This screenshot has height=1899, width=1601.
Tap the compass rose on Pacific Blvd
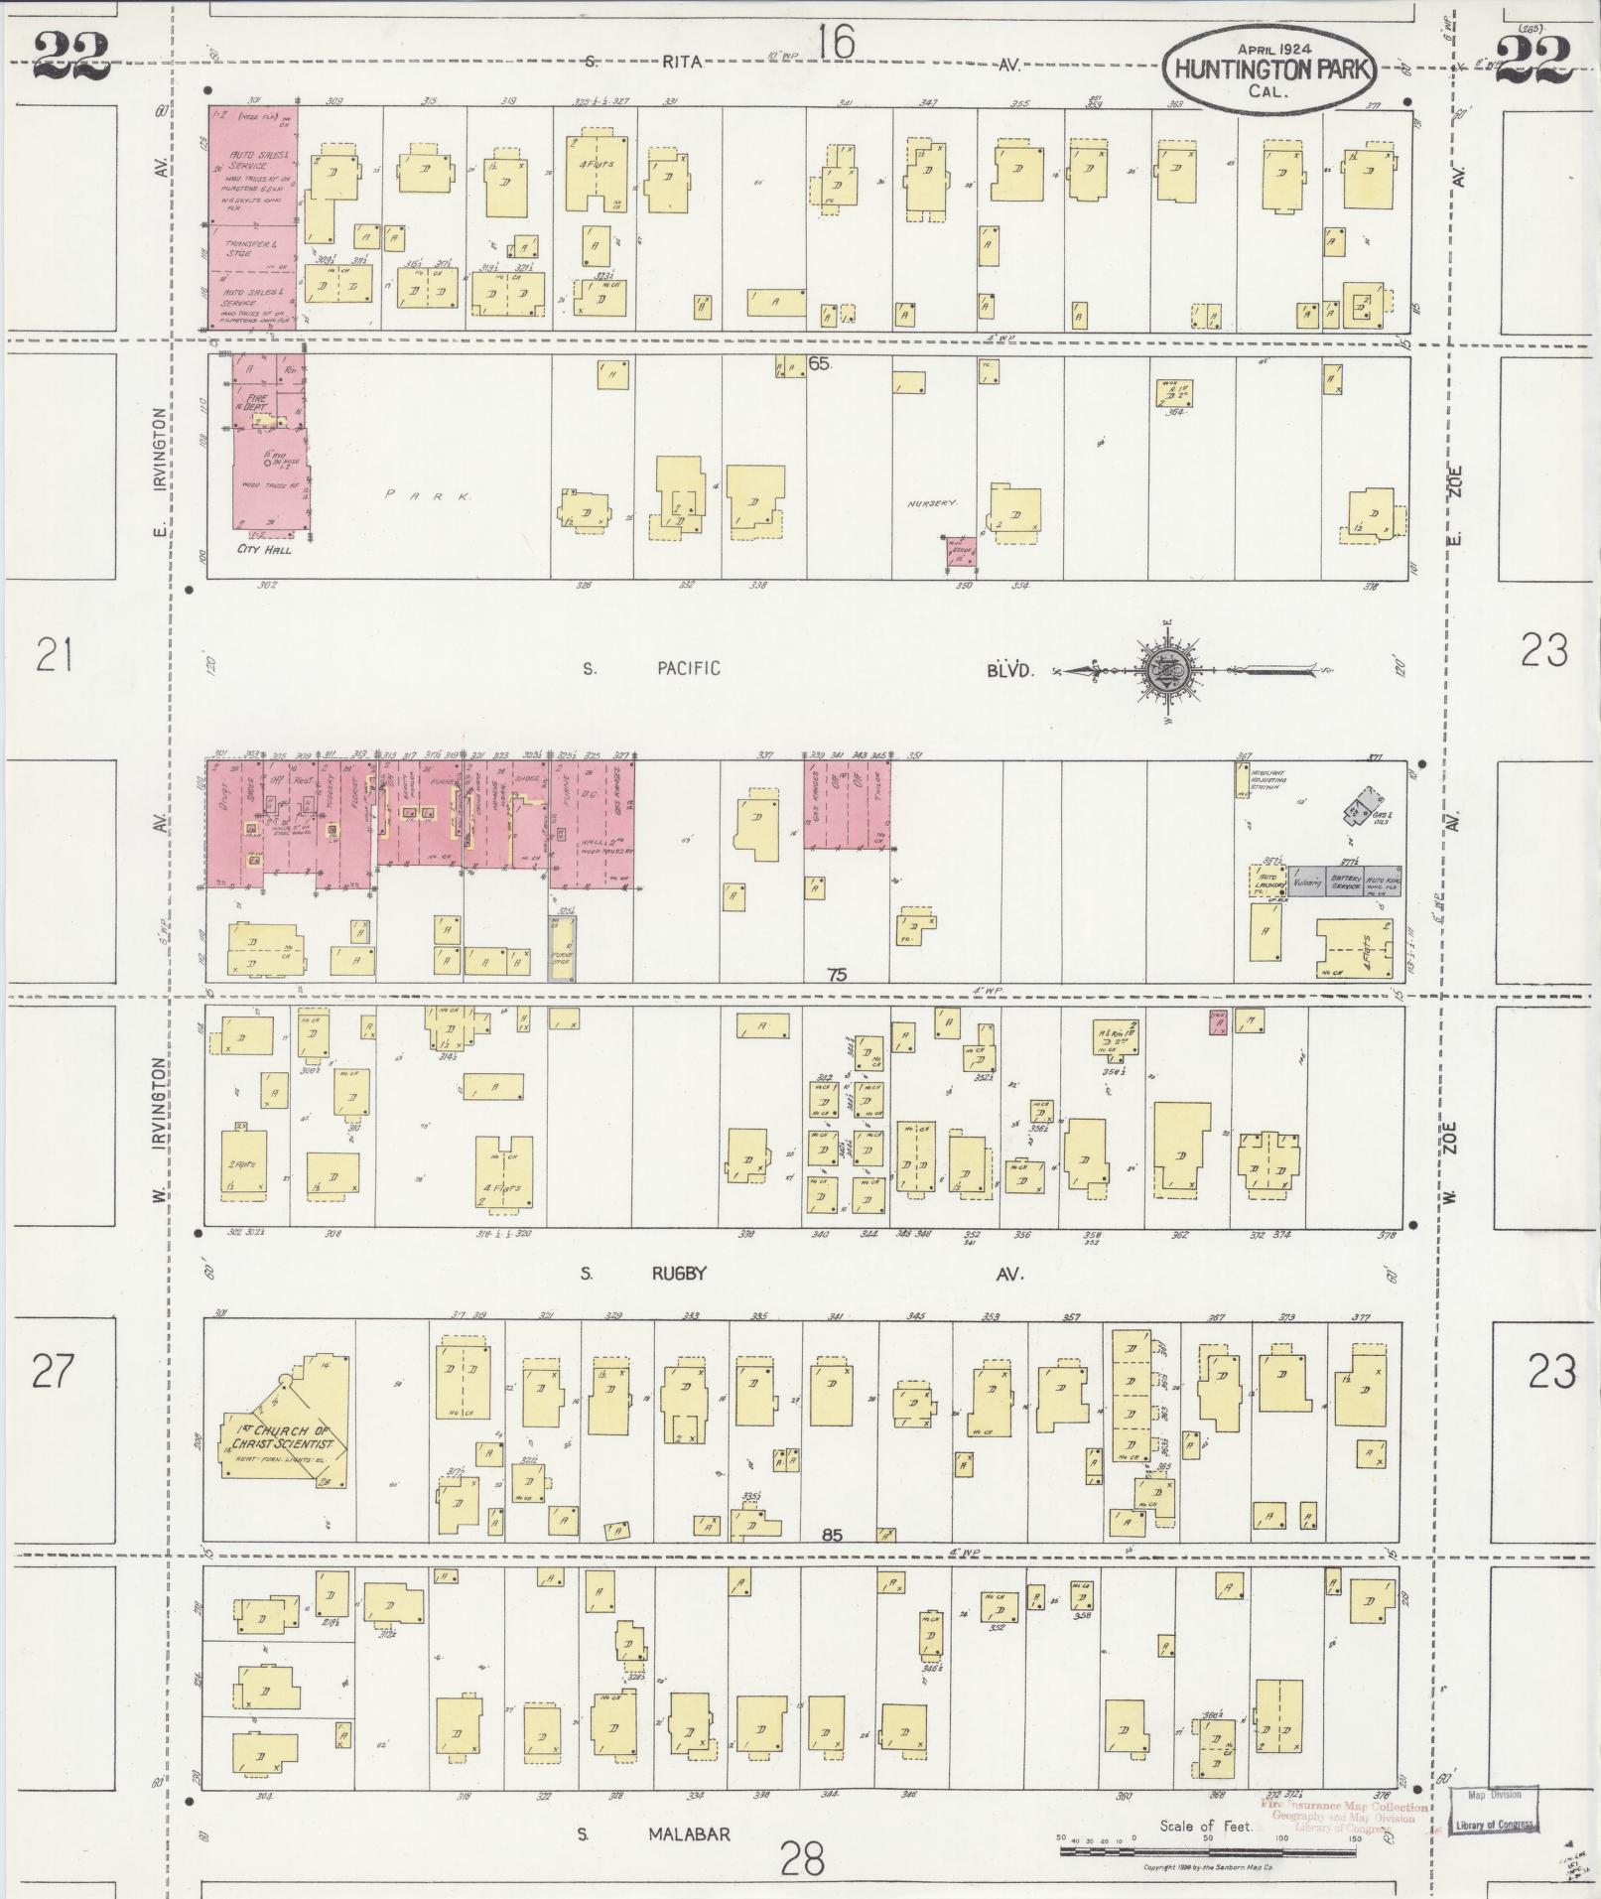(1171, 670)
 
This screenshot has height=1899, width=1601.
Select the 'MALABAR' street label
(689, 1834)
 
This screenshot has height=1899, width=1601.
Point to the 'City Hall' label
(264, 549)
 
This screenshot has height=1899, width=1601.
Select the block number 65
(819, 363)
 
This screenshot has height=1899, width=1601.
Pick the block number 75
(837, 975)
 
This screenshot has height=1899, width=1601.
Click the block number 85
(832, 1535)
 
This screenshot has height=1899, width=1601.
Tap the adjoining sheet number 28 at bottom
(802, 1856)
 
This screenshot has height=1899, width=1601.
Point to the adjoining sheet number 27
(53, 1371)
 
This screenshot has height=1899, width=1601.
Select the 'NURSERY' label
(931, 504)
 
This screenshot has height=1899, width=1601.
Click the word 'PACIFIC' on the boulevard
(688, 668)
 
